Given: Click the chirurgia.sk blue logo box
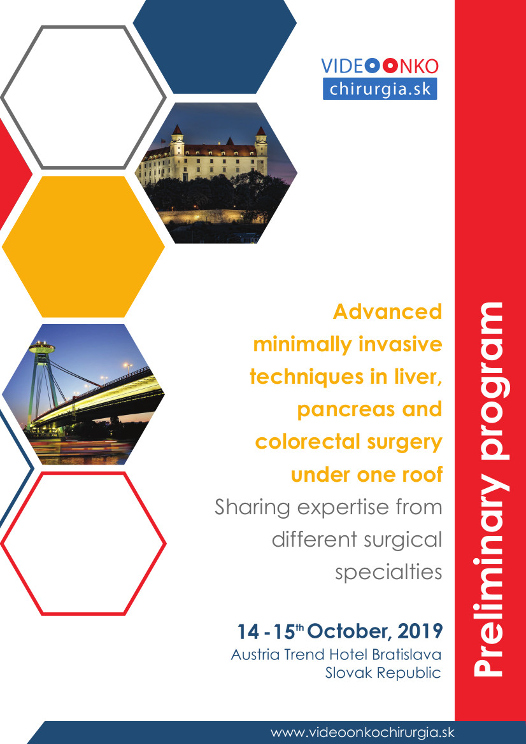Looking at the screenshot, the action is click(x=380, y=88).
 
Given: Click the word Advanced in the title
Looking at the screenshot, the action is click(x=387, y=312).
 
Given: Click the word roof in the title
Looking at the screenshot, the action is click(x=422, y=474).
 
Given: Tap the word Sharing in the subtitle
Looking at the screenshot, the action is click(x=252, y=508).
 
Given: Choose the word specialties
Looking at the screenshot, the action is click(x=389, y=572).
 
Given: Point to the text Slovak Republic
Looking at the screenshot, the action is click(x=383, y=673).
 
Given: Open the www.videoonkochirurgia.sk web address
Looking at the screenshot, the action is click(x=362, y=732).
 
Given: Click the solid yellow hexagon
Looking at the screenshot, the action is click(x=83, y=247).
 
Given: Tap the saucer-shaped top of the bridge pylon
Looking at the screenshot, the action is click(x=42, y=347).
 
